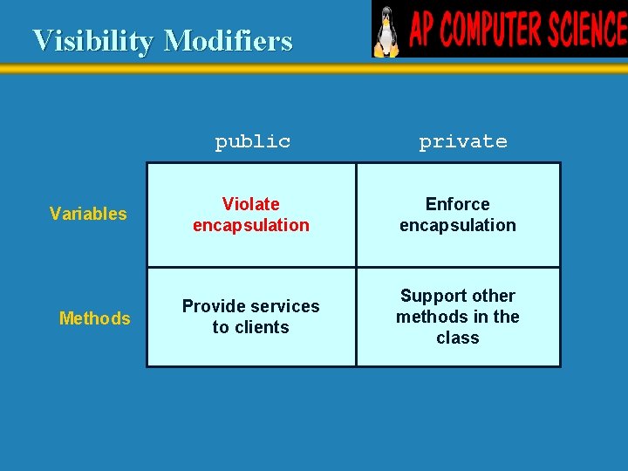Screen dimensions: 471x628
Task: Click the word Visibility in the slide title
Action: (x=94, y=40)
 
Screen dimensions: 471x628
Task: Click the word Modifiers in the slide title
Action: (x=228, y=40)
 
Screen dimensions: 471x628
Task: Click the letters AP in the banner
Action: (x=423, y=30)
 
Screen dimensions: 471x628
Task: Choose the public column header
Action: (x=252, y=141)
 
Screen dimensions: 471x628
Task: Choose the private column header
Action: (x=462, y=141)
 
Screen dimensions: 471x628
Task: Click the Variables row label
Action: (x=88, y=214)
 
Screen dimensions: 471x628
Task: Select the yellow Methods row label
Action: (x=94, y=318)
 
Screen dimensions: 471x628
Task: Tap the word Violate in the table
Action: (x=251, y=204)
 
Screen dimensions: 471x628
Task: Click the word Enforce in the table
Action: (x=457, y=204)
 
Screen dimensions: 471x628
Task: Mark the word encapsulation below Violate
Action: (x=251, y=225)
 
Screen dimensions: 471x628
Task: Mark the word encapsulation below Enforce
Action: (x=457, y=225)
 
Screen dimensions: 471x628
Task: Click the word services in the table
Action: (x=285, y=306)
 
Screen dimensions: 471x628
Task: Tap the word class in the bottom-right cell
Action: (x=457, y=338)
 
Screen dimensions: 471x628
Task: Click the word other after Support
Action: (x=494, y=296)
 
